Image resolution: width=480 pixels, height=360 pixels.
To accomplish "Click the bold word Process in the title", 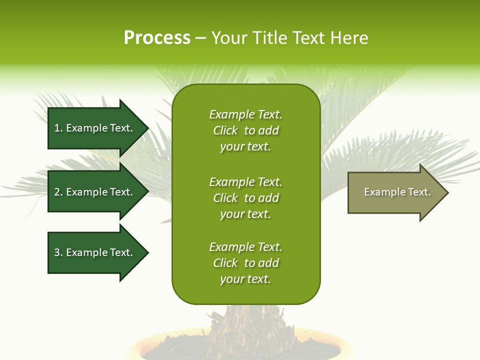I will (157, 38).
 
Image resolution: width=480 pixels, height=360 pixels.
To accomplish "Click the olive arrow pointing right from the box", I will (395, 192).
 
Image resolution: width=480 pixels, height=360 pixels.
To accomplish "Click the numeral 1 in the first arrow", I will (57, 128).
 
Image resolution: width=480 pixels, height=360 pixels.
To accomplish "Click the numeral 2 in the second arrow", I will (57, 192).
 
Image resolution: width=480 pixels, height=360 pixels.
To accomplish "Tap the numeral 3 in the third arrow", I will (57, 252).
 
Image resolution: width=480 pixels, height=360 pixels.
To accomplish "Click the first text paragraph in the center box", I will (245, 130).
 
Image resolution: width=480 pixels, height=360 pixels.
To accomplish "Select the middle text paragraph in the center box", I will (245, 198).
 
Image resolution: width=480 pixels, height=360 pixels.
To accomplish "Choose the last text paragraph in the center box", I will (245, 263).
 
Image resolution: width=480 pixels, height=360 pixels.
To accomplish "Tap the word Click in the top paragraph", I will (225, 130).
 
